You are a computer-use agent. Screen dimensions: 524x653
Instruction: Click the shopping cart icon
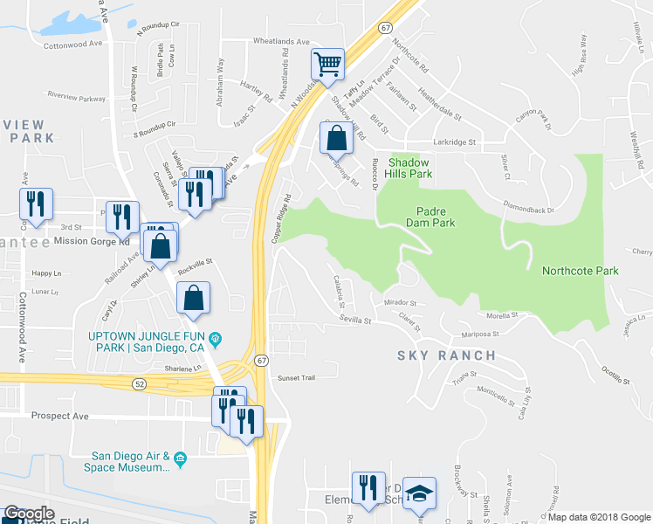tap(327, 64)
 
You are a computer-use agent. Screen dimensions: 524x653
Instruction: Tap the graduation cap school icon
tap(420, 493)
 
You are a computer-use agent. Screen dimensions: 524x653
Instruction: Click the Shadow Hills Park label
tap(409, 169)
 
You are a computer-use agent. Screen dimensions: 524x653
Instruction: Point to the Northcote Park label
tap(580, 271)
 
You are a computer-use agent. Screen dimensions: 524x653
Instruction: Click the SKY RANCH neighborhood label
tap(446, 355)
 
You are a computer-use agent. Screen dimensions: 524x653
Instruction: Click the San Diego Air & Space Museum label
tap(131, 462)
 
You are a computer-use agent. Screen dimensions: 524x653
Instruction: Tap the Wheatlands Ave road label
tap(281, 41)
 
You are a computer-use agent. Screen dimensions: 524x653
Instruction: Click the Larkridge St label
tap(453, 141)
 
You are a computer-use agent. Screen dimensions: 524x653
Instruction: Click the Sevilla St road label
tap(355, 321)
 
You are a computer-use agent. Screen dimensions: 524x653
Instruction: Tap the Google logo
tap(29, 514)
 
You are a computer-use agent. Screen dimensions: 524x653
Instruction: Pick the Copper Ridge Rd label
tap(279, 218)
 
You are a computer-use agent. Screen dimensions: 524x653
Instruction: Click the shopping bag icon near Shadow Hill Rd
tap(336, 139)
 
